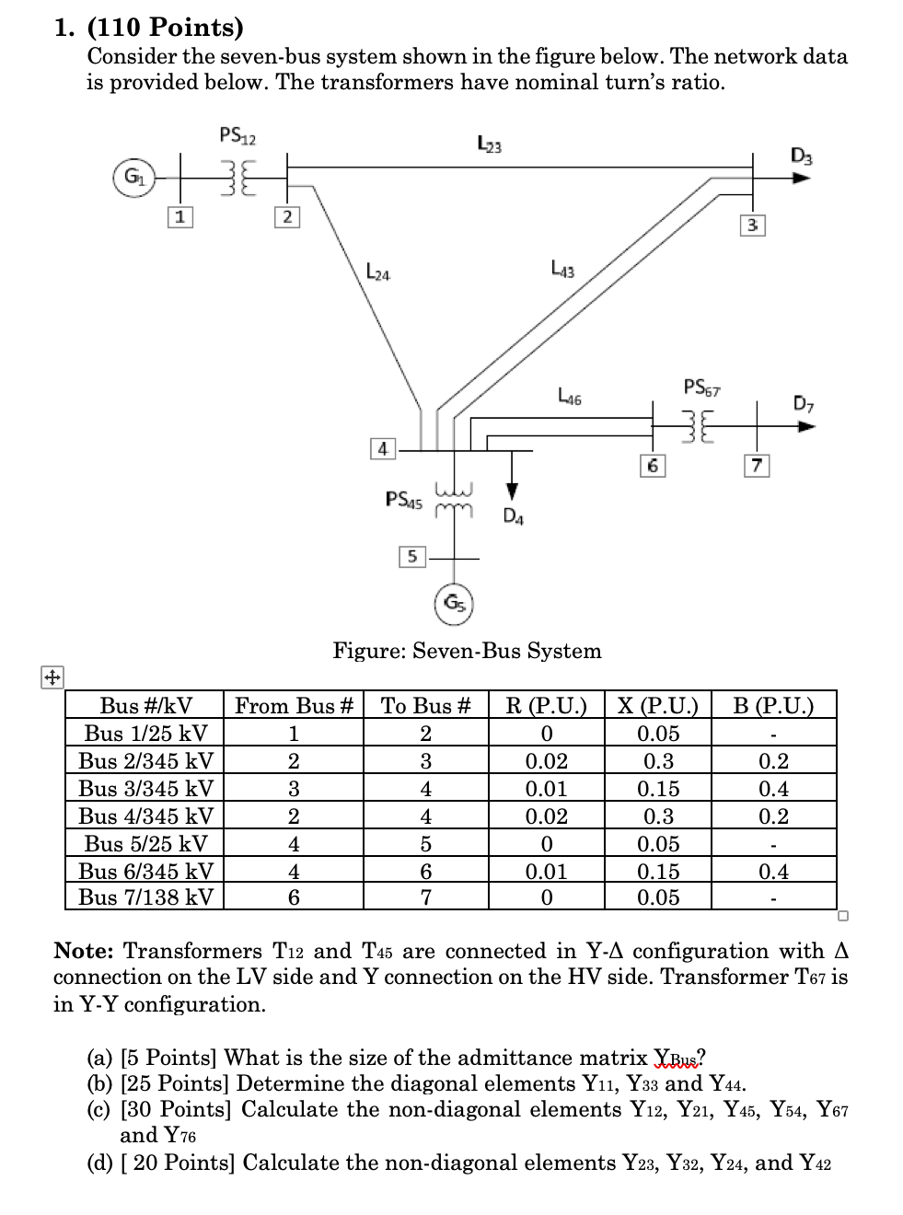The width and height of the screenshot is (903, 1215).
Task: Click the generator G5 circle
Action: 453,604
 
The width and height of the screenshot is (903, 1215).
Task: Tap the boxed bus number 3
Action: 752,226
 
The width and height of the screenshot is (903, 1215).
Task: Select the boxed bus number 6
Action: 652,466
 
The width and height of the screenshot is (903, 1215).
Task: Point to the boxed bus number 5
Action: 411,556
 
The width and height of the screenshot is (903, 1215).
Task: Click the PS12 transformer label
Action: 237,137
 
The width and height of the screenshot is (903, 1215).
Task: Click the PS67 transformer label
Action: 702,387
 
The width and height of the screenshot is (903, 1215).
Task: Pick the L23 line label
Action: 490,144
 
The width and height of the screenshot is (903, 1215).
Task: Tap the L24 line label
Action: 377,272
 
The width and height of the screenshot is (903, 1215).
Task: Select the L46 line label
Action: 570,397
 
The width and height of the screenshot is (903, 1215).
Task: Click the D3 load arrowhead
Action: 803,179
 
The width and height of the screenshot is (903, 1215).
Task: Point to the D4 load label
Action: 514,516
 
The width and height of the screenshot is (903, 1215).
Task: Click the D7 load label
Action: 804,403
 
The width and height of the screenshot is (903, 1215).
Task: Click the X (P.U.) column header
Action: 658,706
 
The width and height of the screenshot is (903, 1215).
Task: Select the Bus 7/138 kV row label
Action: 145,897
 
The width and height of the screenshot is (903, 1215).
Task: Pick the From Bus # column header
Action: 294,706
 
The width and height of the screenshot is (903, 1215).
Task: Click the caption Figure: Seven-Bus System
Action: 467,651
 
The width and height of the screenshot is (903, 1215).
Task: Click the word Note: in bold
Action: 85,951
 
